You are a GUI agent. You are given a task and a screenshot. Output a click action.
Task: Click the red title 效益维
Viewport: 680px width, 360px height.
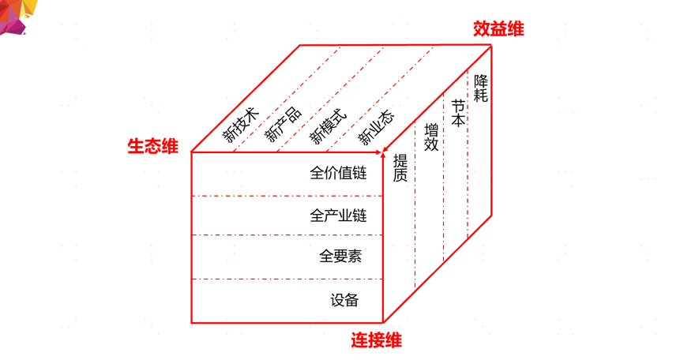(x=498, y=29)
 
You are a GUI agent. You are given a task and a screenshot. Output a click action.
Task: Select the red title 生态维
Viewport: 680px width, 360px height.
(x=153, y=146)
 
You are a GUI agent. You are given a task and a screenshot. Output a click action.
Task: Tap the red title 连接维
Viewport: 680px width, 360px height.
(x=376, y=340)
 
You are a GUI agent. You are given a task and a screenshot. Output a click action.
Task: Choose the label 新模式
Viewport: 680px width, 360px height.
(x=328, y=124)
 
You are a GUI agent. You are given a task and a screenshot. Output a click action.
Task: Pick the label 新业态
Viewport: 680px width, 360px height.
(x=376, y=126)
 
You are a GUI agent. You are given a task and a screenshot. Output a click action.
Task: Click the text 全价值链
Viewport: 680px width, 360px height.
(x=339, y=174)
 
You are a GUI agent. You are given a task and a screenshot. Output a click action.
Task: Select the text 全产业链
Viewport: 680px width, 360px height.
(x=339, y=216)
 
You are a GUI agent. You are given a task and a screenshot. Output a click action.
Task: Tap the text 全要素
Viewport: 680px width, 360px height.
(x=340, y=257)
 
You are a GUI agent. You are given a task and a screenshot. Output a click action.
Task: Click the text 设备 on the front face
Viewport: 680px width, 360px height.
(x=345, y=300)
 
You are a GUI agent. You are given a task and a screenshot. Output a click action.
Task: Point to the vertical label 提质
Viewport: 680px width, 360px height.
(x=400, y=167)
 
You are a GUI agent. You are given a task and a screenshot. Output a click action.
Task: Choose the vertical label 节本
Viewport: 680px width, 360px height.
(x=457, y=113)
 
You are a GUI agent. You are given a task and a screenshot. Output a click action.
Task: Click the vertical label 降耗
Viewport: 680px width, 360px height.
(x=481, y=88)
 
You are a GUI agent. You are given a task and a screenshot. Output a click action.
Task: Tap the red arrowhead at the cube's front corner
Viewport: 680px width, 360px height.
(x=385, y=149)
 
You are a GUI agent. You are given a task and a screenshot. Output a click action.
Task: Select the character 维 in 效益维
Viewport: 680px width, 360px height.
(x=516, y=29)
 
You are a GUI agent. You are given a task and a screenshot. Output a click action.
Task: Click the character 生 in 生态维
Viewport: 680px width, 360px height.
(x=136, y=146)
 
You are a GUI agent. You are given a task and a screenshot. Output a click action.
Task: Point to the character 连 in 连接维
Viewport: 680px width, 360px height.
(x=359, y=340)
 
